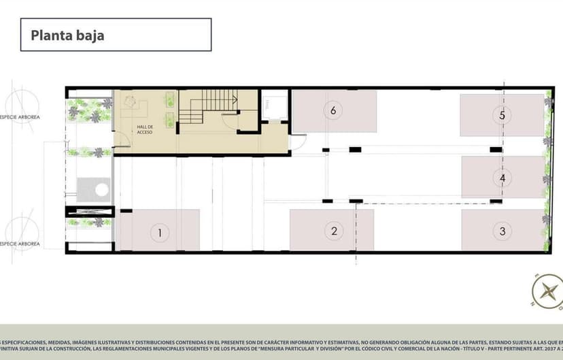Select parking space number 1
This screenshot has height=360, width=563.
158,229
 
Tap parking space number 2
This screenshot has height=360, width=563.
332,229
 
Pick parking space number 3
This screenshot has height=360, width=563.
502,229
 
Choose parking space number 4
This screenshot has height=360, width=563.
502,177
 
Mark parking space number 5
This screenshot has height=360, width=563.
502,115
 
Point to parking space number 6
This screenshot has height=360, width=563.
334,111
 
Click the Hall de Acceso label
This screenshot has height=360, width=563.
144,129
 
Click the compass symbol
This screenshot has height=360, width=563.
547,291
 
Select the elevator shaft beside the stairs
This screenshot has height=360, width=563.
274,105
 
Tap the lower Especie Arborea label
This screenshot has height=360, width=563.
20,244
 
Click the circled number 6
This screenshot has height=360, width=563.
332,110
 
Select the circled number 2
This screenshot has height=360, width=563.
334,231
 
